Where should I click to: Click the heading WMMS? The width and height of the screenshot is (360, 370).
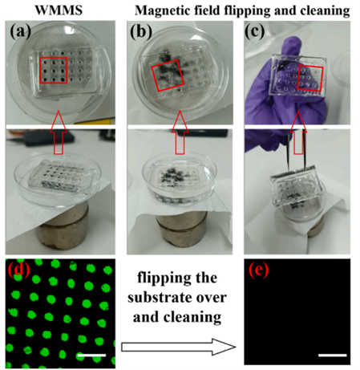(x=59, y=10)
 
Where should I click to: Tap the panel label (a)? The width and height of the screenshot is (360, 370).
(x=20, y=31)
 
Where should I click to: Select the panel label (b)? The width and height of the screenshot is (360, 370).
(x=141, y=31)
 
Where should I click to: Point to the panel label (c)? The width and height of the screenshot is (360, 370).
(x=254, y=31)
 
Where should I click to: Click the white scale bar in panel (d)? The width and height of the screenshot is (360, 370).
(x=91, y=356)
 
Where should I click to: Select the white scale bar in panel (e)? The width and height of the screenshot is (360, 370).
(x=333, y=356)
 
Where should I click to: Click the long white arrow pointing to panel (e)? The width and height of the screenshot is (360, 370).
(x=179, y=347)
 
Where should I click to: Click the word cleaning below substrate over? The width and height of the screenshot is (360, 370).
(x=192, y=318)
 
